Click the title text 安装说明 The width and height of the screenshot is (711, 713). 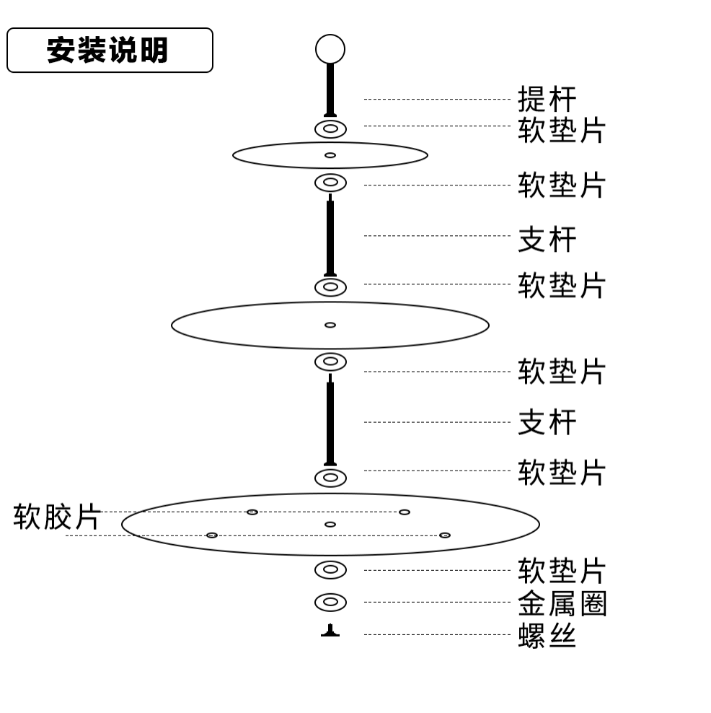pyautogui.click(x=108, y=51)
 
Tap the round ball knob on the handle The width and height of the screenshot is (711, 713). pyautogui.click(x=330, y=49)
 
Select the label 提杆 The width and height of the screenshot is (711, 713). pyautogui.click(x=547, y=100)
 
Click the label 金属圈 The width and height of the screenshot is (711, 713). pyautogui.click(x=562, y=603)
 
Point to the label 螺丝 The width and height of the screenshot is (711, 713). pyautogui.click(x=547, y=636)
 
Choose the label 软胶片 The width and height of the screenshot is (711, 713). pyautogui.click(x=57, y=517)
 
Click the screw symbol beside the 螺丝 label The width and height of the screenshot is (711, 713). pyautogui.click(x=330, y=631)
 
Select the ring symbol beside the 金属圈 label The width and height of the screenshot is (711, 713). pyautogui.click(x=330, y=602)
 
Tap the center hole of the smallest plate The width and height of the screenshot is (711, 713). pyautogui.click(x=330, y=155)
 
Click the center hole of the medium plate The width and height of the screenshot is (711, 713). pyautogui.click(x=330, y=325)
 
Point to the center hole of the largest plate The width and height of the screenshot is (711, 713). pyautogui.click(x=330, y=525)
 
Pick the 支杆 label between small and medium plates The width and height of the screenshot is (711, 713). pyautogui.click(x=547, y=239)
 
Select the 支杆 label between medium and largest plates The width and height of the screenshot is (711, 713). pyautogui.click(x=547, y=422)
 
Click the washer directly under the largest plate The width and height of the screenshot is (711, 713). pyautogui.click(x=330, y=569)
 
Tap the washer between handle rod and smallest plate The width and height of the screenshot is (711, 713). pyautogui.click(x=330, y=129)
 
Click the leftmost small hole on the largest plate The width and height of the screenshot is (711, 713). pyautogui.click(x=212, y=535)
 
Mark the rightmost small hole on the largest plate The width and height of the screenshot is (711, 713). pyautogui.click(x=445, y=535)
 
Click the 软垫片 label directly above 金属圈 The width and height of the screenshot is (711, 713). pyautogui.click(x=562, y=571)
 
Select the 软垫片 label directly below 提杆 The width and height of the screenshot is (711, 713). pyautogui.click(x=562, y=130)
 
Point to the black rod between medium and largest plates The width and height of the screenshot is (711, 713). pyautogui.click(x=330, y=422)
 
